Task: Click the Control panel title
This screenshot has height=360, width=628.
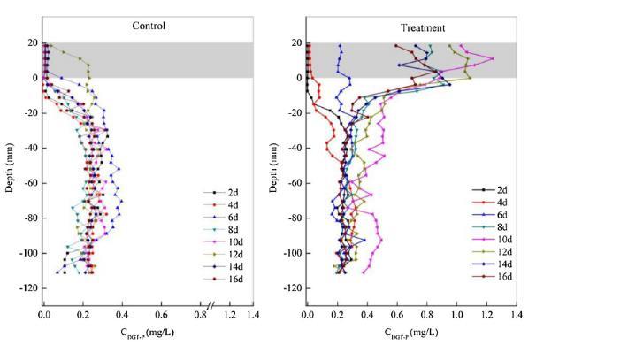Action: pyautogui.click(x=149, y=26)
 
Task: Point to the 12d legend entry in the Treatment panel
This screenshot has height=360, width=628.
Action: pyautogui.click(x=503, y=252)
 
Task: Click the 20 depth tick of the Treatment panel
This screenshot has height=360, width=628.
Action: pyautogui.click(x=295, y=43)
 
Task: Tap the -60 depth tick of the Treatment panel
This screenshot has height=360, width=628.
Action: pyautogui.click(x=291, y=183)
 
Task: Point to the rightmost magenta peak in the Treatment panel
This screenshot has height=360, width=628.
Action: pyautogui.click(x=492, y=58)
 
